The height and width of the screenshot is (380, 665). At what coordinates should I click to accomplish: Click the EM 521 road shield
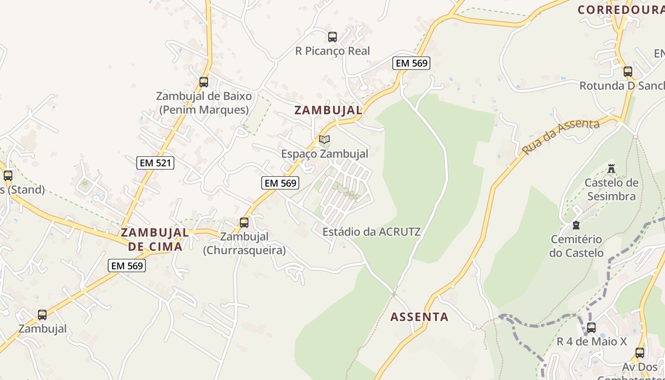[156, 163]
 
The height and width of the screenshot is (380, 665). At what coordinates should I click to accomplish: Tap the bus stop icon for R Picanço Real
[332, 37]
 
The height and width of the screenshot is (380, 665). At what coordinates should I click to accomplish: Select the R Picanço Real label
[332, 51]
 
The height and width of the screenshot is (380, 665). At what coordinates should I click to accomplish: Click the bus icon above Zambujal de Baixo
[204, 82]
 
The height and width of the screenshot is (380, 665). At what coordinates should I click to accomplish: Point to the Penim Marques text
[204, 110]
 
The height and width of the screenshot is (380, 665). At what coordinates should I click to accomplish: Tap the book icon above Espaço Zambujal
[324, 139]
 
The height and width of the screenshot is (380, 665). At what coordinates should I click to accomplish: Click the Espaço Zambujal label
[324, 154]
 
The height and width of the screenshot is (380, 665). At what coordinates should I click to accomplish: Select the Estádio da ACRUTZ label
[371, 232]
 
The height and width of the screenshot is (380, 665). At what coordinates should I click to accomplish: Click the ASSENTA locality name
[419, 317]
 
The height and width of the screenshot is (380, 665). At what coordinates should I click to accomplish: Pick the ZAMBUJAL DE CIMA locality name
[155, 239]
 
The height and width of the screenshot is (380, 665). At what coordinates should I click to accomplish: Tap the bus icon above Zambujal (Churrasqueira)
[244, 222]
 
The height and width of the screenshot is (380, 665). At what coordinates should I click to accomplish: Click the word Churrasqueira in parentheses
[245, 250]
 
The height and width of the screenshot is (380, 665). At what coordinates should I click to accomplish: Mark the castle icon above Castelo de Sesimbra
[611, 169]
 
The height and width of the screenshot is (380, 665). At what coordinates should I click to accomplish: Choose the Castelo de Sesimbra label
[611, 189]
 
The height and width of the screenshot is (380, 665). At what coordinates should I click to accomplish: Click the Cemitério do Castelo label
[576, 246]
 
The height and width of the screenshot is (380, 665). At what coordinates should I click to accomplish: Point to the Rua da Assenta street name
[560, 137]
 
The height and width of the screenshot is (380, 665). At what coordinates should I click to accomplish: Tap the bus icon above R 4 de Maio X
[591, 327]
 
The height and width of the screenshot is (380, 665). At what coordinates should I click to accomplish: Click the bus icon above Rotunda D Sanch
[628, 72]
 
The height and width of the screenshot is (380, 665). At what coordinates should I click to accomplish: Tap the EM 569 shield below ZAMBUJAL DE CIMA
[127, 266]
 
